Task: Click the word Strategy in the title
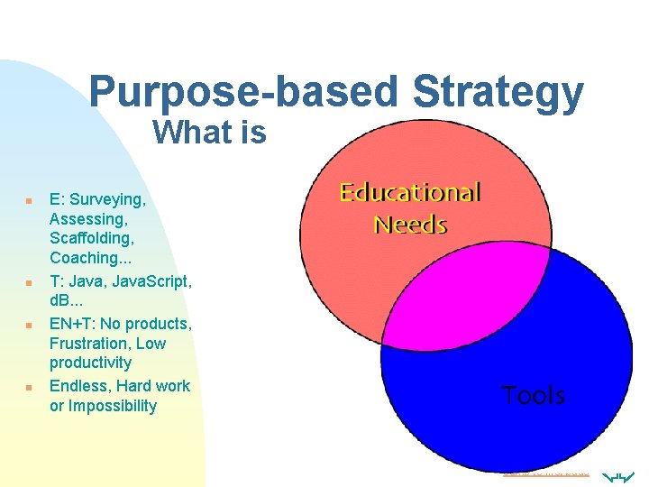tap(498, 93)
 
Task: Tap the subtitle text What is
tap(209, 133)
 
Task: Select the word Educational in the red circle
tap(409, 192)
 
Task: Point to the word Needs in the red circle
tap(410, 224)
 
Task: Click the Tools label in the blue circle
tap(533, 395)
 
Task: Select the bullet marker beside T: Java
tap(29, 282)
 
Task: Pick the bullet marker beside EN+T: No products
tap(29, 324)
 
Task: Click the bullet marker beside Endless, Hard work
tap(29, 387)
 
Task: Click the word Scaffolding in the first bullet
tap(92, 238)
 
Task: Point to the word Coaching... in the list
tap(90, 258)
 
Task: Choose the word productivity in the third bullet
tap(90, 363)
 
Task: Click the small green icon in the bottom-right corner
tap(621, 475)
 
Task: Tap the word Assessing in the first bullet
tap(87, 218)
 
